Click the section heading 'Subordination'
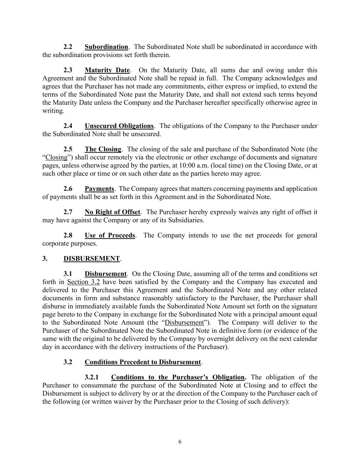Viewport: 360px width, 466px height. coord(106,47)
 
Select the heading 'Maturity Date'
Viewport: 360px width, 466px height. coord(107,70)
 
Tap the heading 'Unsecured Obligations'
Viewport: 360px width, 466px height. coord(119,126)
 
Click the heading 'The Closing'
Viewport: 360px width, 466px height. coord(103,149)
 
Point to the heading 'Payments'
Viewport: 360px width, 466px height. coord(99,189)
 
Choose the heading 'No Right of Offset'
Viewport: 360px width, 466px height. coord(112,212)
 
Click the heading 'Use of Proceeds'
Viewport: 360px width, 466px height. coord(110,235)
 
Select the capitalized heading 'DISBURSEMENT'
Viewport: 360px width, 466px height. coord(91,258)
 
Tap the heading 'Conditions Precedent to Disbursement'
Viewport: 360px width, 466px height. coord(143,362)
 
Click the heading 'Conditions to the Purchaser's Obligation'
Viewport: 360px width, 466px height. coord(178,377)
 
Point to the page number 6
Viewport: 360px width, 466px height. coord(180,442)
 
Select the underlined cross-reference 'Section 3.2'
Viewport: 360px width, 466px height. coord(83,282)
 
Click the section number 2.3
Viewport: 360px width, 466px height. coord(68,70)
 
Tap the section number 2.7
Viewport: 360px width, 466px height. coord(68,212)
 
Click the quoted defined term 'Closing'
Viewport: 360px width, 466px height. coord(57,157)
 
